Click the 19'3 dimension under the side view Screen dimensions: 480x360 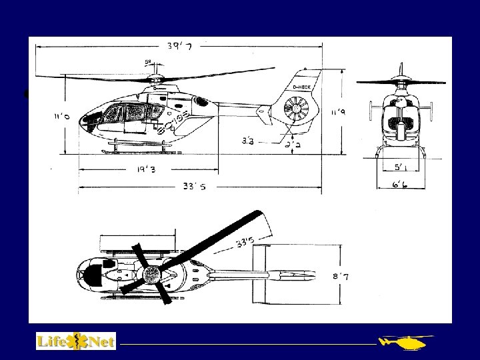tap(139, 170)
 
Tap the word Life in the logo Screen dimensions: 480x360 tap(51, 341)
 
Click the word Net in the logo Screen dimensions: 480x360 tap(99, 341)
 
